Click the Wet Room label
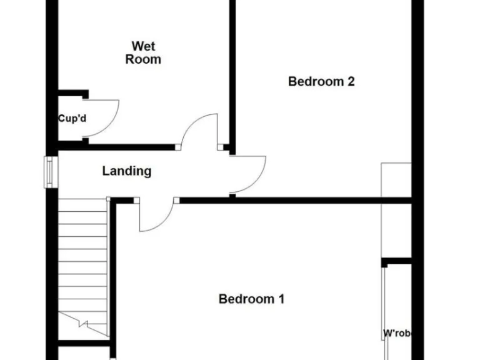(x=143, y=53)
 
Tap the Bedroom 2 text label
(x=321, y=81)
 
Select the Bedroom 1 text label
(x=251, y=299)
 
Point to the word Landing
(x=127, y=171)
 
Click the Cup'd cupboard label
(x=72, y=118)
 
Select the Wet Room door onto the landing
(x=199, y=132)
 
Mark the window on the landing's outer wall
(x=50, y=172)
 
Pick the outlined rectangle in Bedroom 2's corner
(x=396, y=209)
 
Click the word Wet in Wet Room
(x=143, y=46)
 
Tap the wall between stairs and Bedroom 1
(x=113, y=269)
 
